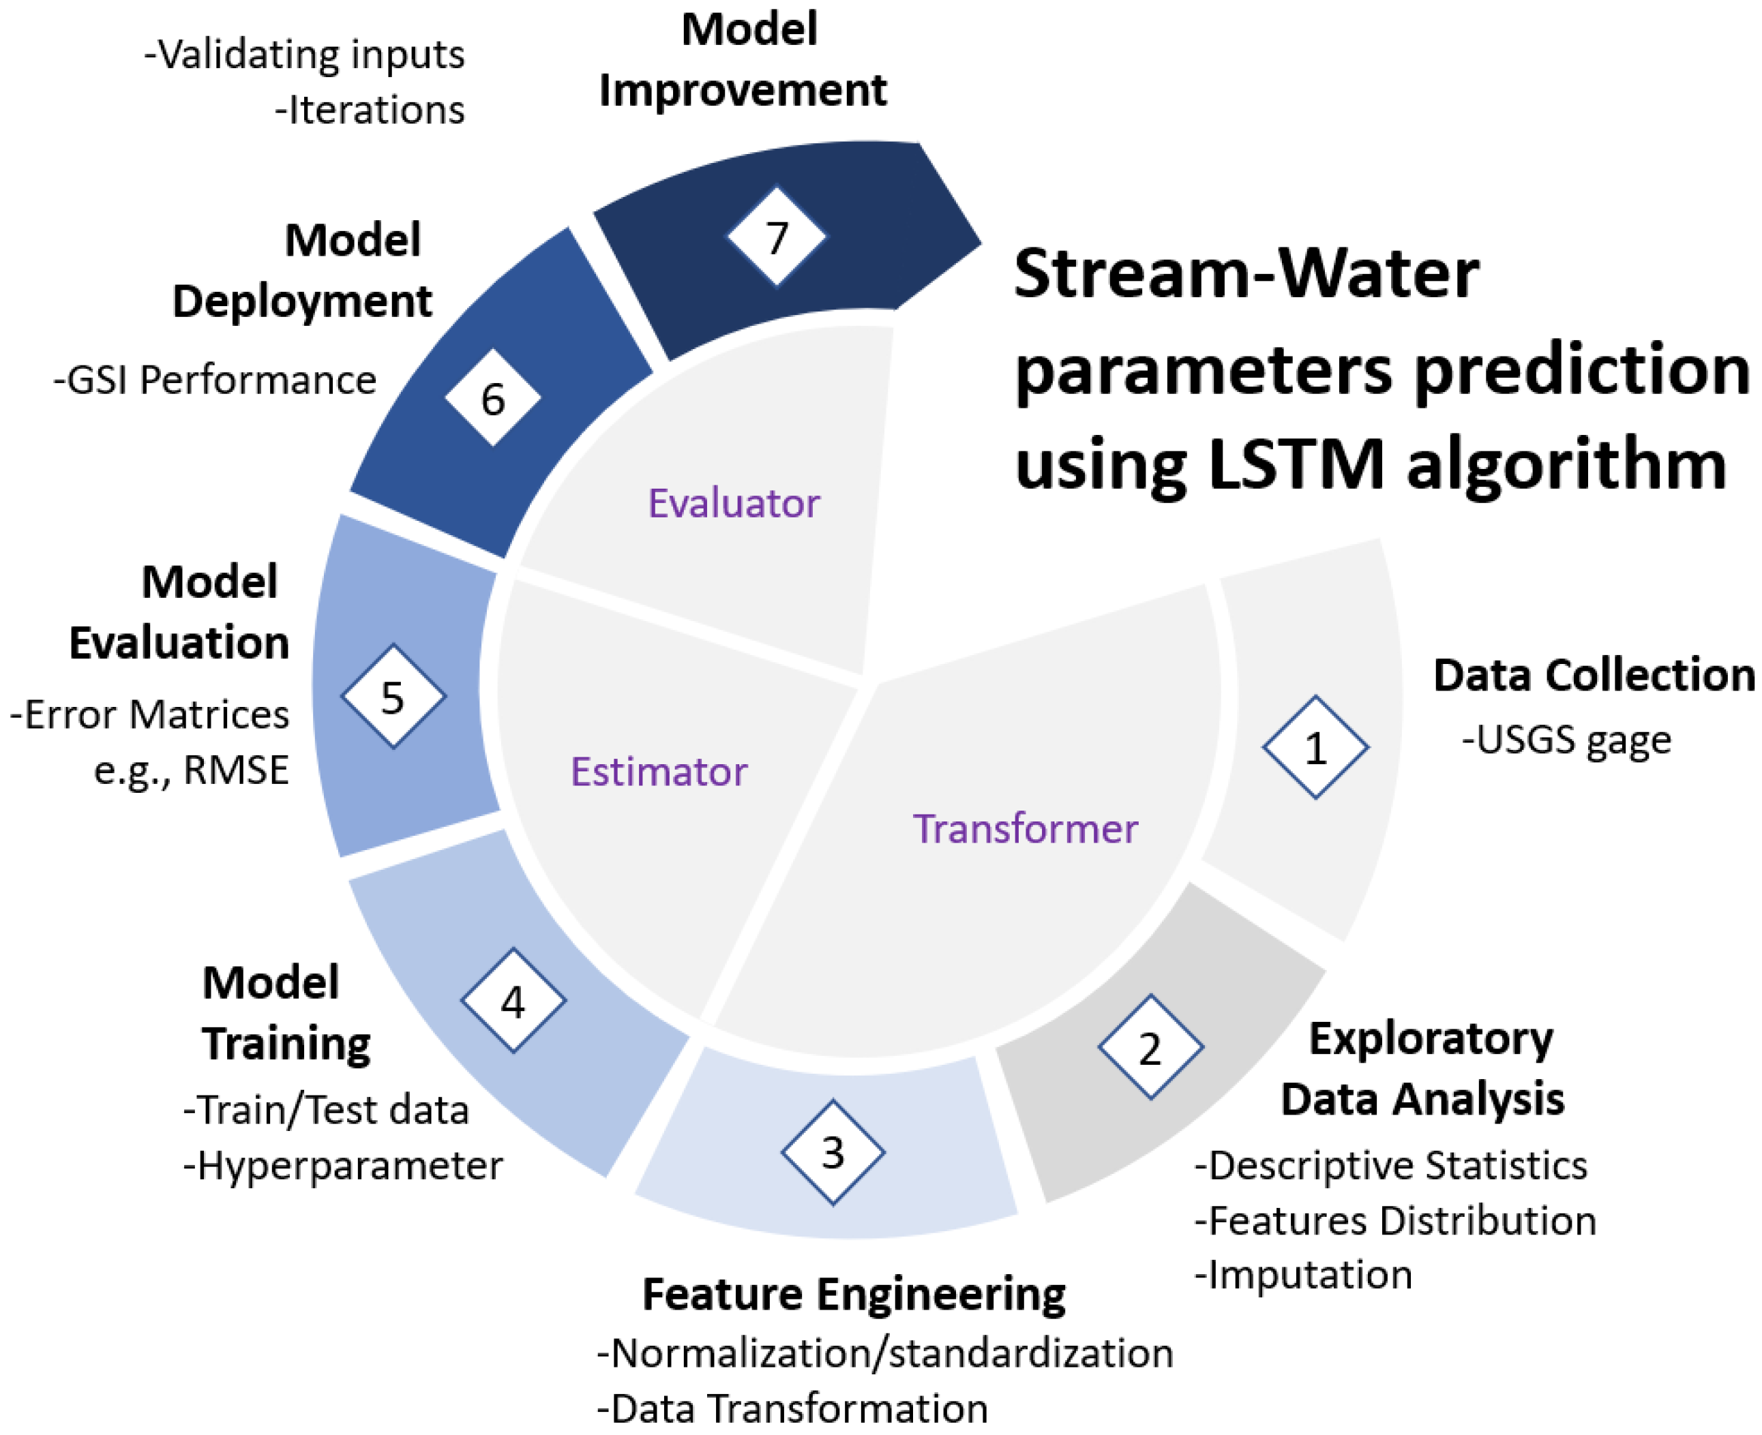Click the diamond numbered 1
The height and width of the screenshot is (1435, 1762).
(x=1314, y=747)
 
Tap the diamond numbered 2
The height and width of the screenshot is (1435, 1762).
(x=1150, y=1046)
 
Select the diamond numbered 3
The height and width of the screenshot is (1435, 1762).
(x=833, y=1151)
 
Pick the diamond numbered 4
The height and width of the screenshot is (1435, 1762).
(x=513, y=1001)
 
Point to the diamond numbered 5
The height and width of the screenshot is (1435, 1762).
(x=393, y=696)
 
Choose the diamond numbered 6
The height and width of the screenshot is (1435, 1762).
(x=493, y=397)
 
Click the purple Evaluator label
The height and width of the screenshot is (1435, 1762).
(x=734, y=502)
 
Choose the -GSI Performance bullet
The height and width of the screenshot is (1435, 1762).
(x=215, y=380)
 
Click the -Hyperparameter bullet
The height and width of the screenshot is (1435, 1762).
(x=342, y=1166)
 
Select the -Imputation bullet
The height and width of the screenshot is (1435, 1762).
(x=1303, y=1274)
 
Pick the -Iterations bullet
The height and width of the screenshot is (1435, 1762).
(x=370, y=110)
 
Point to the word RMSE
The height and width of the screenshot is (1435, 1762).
(x=236, y=770)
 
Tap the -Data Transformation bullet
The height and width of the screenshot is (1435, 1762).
(x=792, y=1408)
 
